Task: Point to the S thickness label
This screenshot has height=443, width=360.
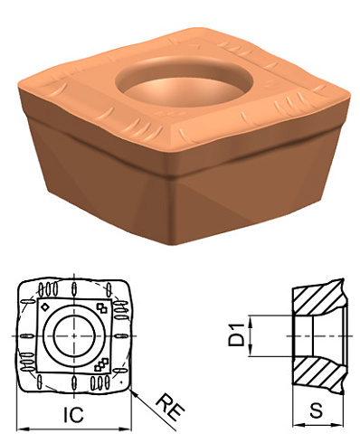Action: (x=317, y=411)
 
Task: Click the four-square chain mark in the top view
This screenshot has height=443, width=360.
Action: (x=101, y=363)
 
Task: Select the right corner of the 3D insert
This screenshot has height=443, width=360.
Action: (x=349, y=90)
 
